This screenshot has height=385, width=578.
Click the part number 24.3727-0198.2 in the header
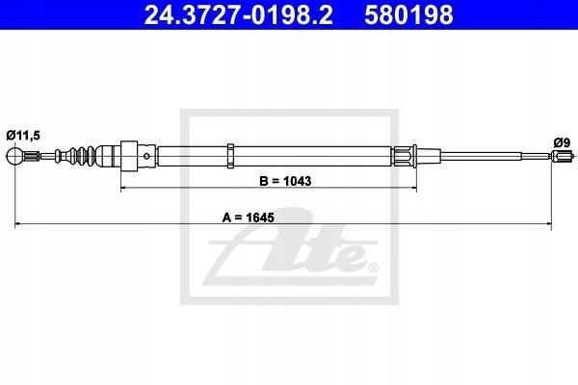pyautogui.click(x=238, y=14)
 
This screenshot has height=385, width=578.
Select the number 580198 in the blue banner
pyautogui.click(x=408, y=14)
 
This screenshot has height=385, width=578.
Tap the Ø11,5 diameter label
pyautogui.click(x=23, y=136)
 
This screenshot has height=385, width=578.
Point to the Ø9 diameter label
pyautogui.click(x=562, y=142)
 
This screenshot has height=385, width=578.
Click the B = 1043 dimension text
pyautogui.click(x=285, y=181)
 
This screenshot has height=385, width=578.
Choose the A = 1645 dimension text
pyautogui.click(x=249, y=218)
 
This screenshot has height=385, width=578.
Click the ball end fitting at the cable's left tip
pyautogui.click(x=15, y=156)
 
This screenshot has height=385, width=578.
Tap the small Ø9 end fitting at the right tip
pyautogui.click(x=563, y=156)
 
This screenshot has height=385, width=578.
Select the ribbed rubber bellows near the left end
pyautogui.click(x=82, y=156)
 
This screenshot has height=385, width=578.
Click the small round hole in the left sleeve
pyautogui.click(x=146, y=156)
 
